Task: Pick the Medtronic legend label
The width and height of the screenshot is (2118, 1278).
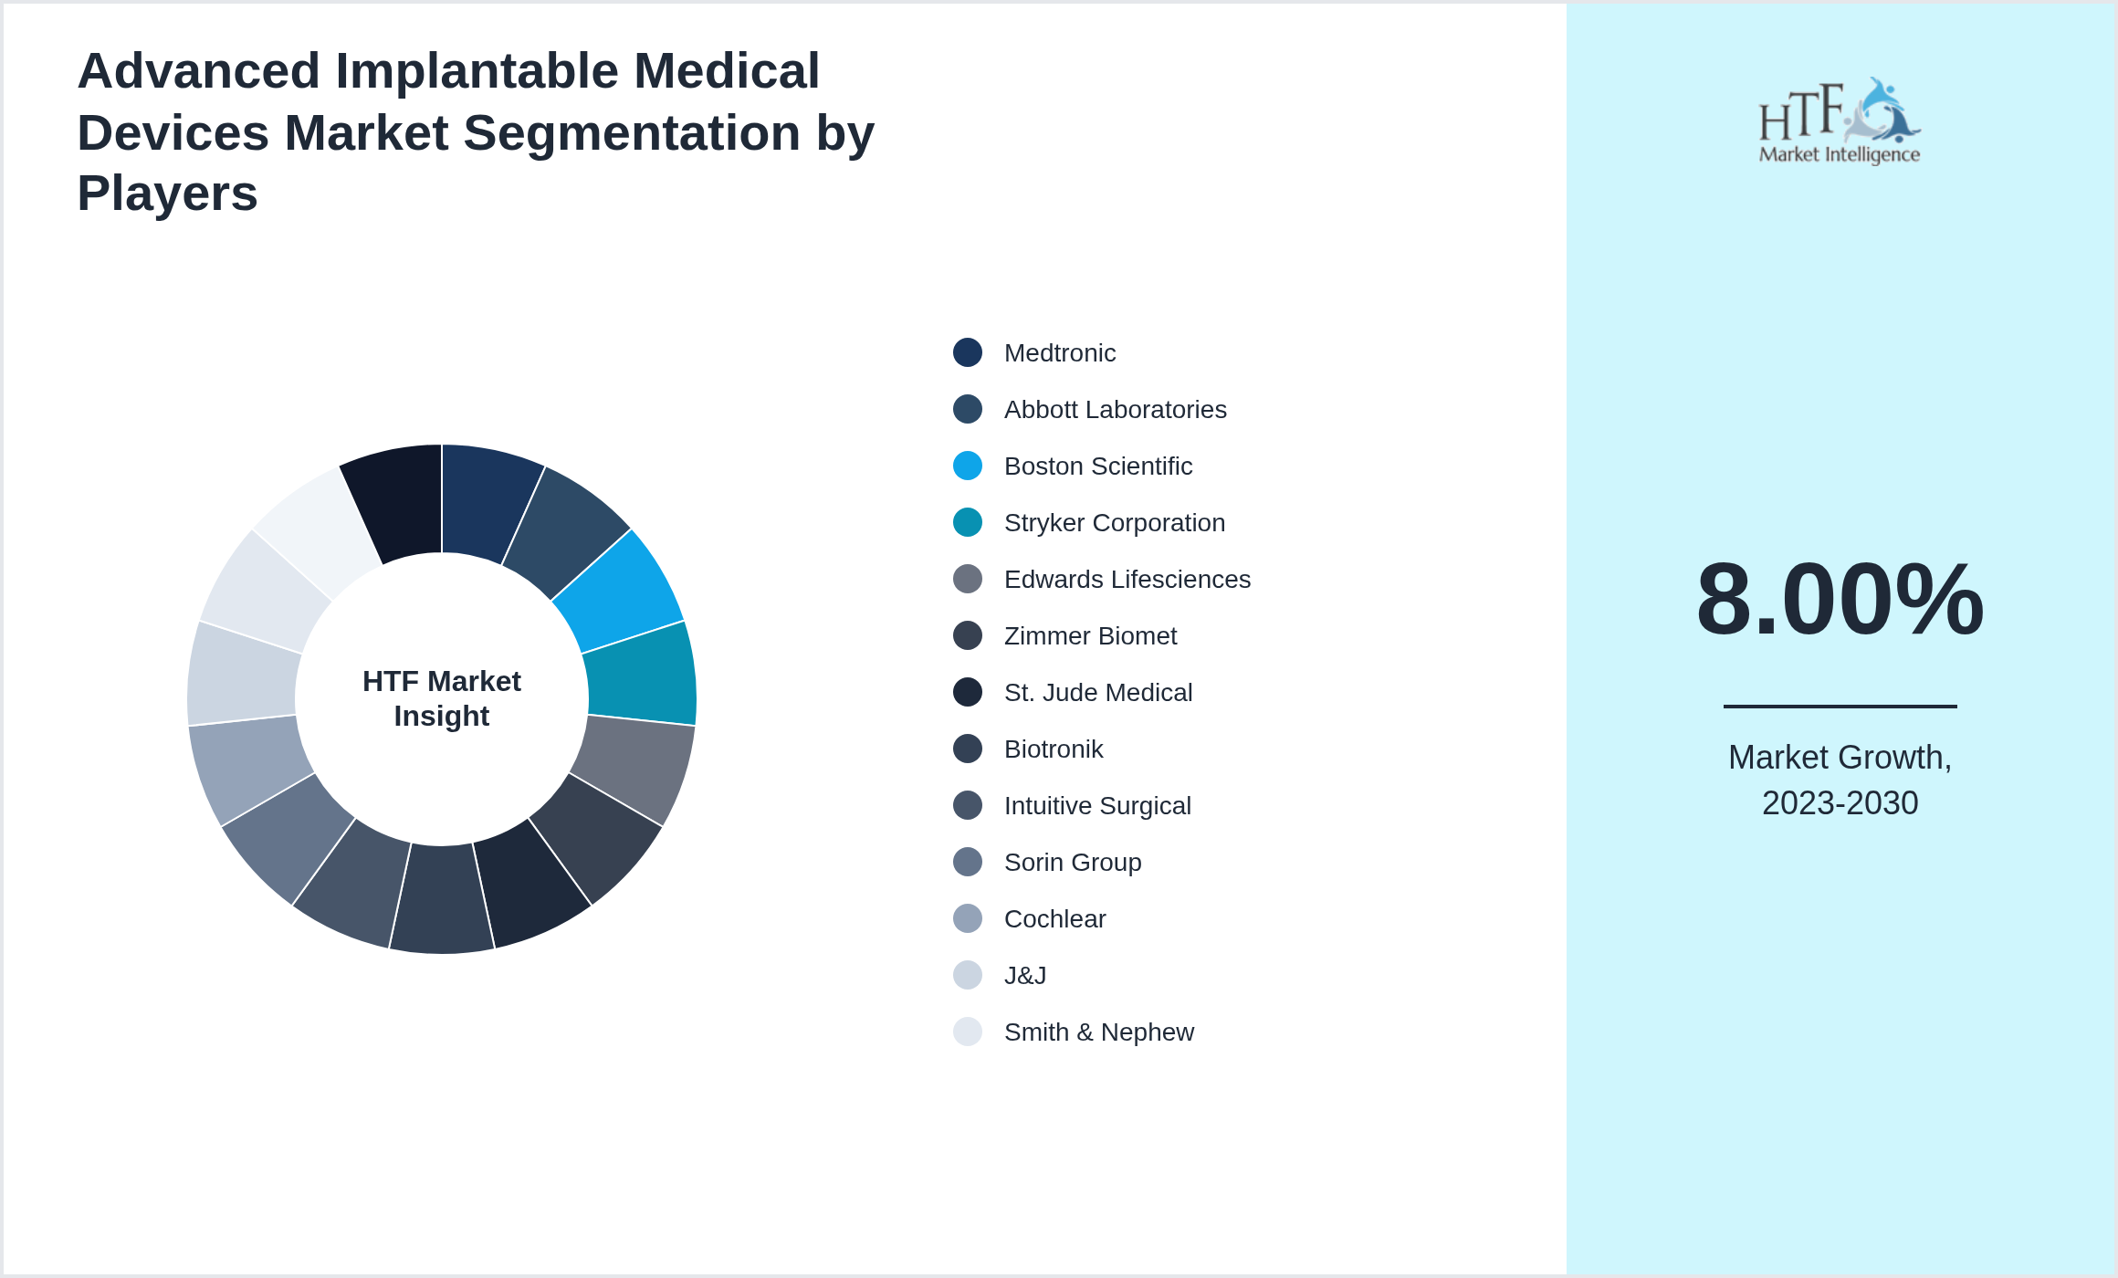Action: tap(1059, 353)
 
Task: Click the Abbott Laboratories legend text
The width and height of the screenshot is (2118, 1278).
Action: tap(1115, 410)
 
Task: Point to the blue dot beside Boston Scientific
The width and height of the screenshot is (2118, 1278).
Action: tap(967, 466)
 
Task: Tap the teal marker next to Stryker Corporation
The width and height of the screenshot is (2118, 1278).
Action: tap(967, 522)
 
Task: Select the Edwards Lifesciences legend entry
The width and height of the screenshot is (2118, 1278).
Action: tap(1127, 580)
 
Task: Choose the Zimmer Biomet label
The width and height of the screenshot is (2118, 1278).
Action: tap(1090, 636)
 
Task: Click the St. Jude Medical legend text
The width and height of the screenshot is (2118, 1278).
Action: tap(1097, 693)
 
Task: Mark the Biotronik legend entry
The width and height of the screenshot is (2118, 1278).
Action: tap(1053, 749)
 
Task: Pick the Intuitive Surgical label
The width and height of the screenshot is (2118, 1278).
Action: tap(1096, 806)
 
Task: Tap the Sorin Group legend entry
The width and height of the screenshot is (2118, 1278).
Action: tap(1072, 863)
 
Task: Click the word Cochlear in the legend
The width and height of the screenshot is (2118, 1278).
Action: tap(1054, 919)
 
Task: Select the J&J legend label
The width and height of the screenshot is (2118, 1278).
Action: tap(1024, 976)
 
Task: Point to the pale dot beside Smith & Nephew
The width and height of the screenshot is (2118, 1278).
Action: tap(967, 1032)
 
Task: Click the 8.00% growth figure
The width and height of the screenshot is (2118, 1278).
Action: tap(1840, 600)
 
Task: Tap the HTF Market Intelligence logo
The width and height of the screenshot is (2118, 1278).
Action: tap(1840, 121)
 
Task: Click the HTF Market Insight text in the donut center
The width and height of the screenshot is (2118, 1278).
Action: tap(442, 698)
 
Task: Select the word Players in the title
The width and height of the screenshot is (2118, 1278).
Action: tap(168, 194)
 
